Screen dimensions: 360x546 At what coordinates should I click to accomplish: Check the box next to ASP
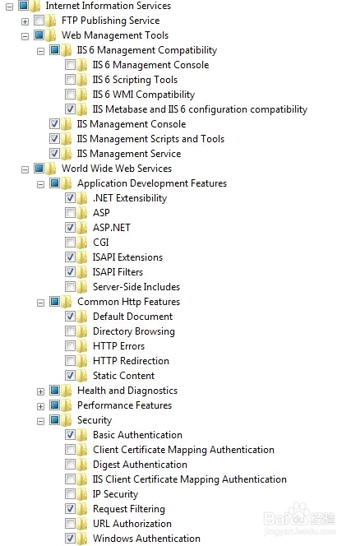coord(70,213)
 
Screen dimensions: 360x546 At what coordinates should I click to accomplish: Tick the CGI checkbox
coord(70,243)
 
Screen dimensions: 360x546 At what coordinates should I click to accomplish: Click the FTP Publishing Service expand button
coord(25,21)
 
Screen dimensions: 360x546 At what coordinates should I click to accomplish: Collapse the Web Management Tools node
coord(25,36)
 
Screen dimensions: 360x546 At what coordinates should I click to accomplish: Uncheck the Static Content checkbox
coord(70,375)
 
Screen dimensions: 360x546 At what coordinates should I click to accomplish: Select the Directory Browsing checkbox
coord(70,331)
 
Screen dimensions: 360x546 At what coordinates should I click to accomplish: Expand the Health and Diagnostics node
coord(40,391)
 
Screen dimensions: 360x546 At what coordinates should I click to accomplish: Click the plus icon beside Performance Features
coord(40,406)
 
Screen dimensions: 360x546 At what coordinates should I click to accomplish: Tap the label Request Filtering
coord(129,509)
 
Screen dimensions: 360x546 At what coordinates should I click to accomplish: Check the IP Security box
coord(70,494)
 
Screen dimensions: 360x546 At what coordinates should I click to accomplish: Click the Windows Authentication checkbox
coord(70,539)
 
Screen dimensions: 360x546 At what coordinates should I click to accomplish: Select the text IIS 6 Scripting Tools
coord(135,80)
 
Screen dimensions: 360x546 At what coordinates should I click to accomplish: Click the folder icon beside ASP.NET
coord(82,228)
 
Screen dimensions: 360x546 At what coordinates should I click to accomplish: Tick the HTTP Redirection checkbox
coord(70,361)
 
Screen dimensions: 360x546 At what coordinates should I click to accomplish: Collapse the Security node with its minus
coord(40,421)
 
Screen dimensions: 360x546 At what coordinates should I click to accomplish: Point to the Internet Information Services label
coord(108,6)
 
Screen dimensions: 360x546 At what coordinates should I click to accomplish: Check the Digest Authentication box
coord(70,465)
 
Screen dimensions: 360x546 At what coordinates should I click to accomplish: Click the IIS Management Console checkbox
coord(54,124)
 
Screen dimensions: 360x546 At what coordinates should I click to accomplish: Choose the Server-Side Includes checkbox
coord(70,287)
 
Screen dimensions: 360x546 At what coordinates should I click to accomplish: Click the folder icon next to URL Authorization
coord(82,524)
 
